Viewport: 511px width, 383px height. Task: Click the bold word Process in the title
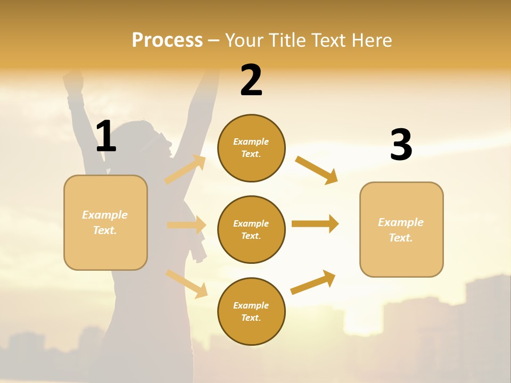[x=167, y=40]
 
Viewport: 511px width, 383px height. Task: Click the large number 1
[x=106, y=136]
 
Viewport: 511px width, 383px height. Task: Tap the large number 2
[x=251, y=80]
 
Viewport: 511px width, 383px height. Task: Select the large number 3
[x=401, y=145]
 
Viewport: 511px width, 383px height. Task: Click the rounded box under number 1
[x=105, y=222]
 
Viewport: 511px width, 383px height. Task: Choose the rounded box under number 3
[x=401, y=229]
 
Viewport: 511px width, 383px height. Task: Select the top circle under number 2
[x=251, y=148]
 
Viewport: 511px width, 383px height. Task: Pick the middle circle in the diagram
[x=251, y=229]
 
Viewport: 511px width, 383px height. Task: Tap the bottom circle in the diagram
[x=251, y=311]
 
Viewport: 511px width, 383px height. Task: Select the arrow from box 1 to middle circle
[x=186, y=225]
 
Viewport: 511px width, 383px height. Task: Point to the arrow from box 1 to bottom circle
[x=187, y=284]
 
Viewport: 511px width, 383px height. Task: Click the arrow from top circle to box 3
[x=316, y=170]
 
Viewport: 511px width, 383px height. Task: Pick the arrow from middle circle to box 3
[x=315, y=223]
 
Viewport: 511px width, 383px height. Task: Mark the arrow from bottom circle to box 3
[x=313, y=282]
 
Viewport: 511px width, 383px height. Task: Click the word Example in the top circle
[x=251, y=141]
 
